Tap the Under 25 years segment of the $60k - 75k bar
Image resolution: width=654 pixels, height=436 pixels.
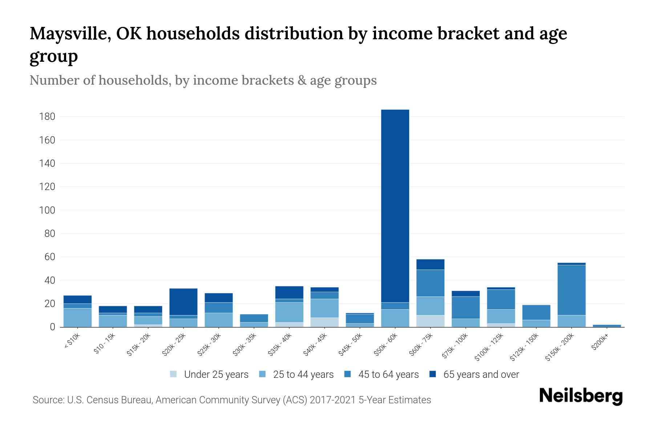[x=430, y=321]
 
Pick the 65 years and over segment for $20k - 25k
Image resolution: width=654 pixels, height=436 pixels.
[x=183, y=302]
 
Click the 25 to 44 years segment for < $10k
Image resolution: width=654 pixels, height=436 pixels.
[x=77, y=318]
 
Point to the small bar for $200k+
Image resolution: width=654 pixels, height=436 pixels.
[x=607, y=326]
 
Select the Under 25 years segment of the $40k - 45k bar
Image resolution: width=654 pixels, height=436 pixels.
[x=324, y=322]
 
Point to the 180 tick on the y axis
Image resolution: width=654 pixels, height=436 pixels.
[x=47, y=117]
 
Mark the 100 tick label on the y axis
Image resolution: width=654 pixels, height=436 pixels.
[x=47, y=210]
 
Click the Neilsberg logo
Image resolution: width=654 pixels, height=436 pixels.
[x=581, y=396]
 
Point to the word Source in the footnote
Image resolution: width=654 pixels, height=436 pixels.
[x=48, y=400]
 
